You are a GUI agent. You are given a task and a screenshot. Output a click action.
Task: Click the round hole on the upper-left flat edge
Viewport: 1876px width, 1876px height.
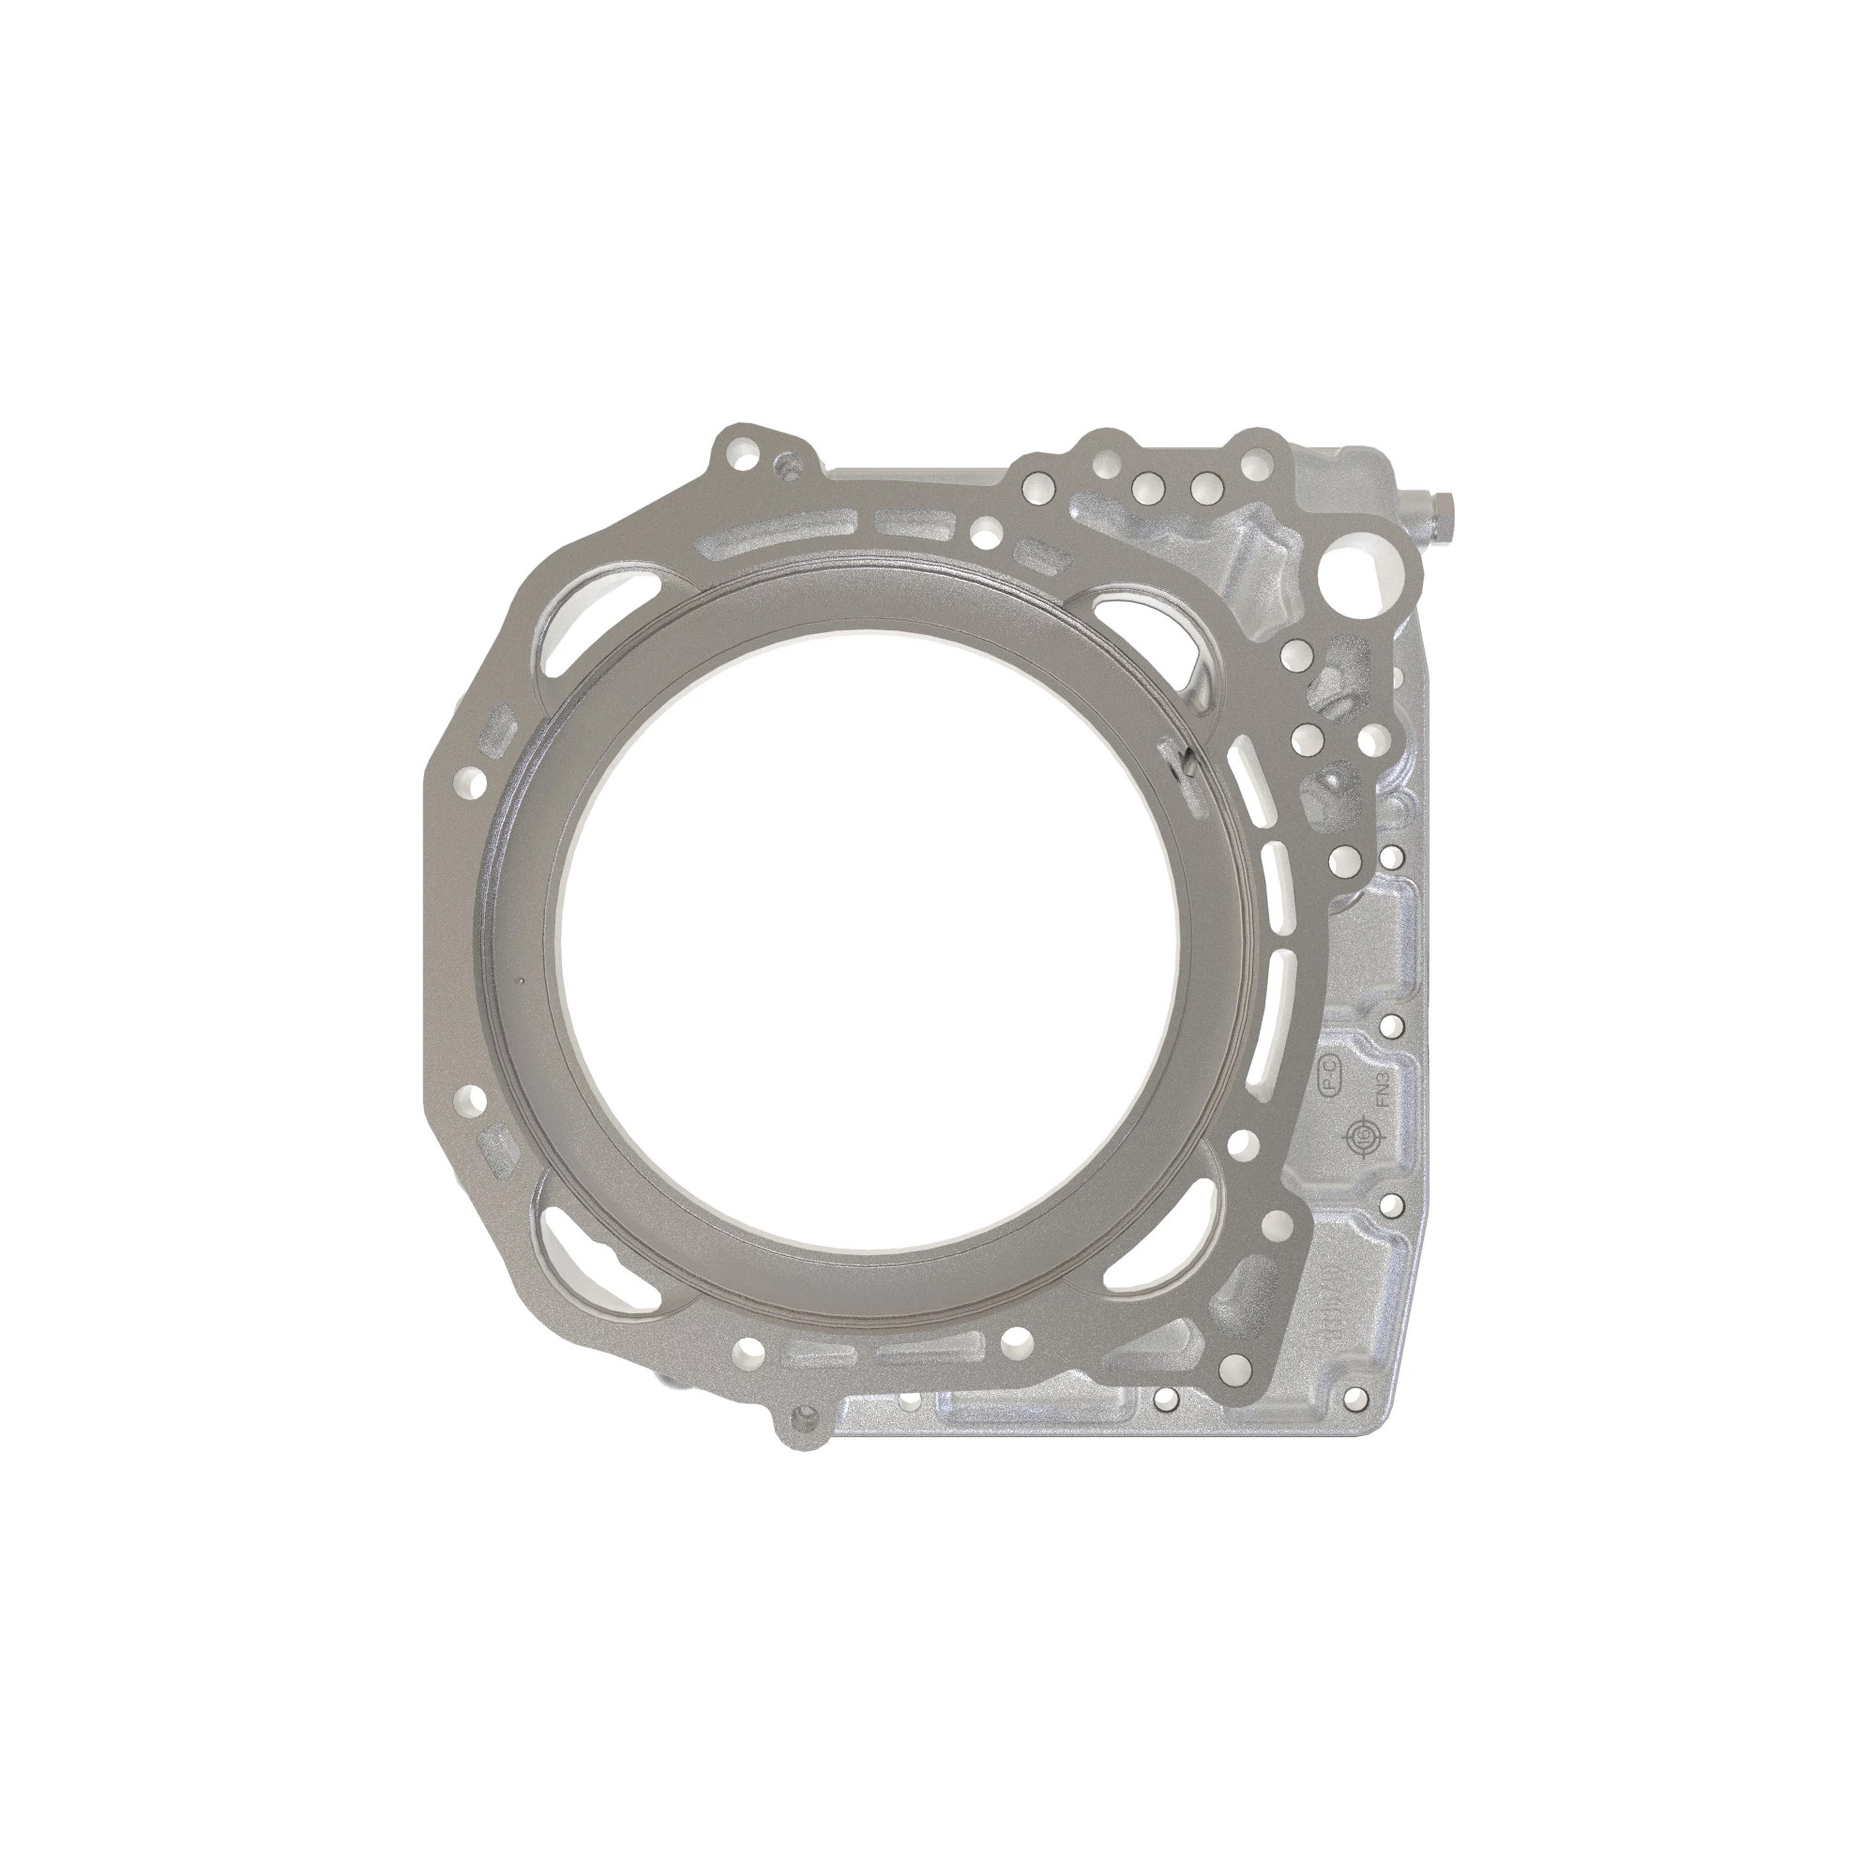[x=473, y=778]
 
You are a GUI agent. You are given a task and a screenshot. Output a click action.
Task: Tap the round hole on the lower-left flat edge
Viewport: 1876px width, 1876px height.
[x=475, y=1098]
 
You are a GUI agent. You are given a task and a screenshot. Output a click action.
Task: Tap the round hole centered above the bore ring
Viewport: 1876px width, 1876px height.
[x=987, y=531]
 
